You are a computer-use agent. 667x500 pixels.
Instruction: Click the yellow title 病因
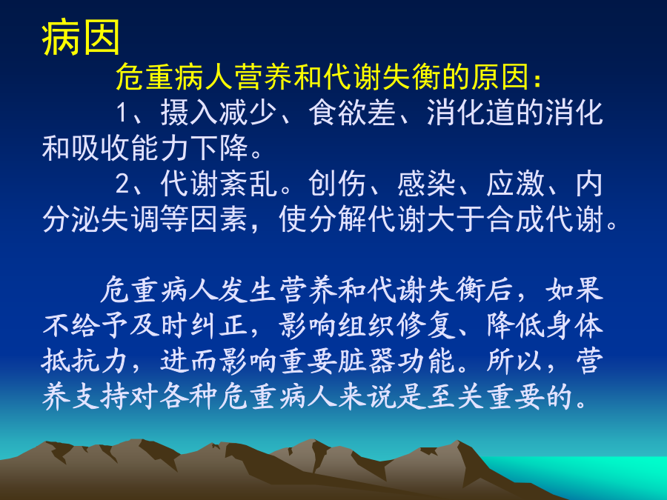[81, 38]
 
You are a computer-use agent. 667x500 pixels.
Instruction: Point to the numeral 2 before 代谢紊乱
[123, 184]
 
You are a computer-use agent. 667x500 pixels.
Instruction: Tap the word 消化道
[471, 113]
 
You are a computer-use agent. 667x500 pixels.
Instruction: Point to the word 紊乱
[249, 184]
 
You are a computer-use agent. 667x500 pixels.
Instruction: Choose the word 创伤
[337, 184]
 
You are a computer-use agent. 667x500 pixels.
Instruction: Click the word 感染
[426, 184]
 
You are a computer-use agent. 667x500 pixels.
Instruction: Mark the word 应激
[516, 184]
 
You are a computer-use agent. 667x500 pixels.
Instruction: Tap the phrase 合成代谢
[545, 219]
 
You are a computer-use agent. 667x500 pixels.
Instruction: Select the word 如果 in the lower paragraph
[574, 290]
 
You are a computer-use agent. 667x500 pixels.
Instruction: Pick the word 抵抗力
[84, 361]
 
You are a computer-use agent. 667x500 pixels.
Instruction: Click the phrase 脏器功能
[397, 361]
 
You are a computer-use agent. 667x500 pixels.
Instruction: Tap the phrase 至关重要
[485, 397]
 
